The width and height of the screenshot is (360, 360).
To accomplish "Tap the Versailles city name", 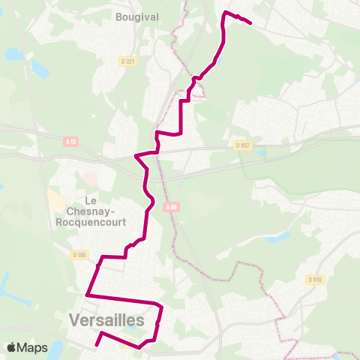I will click(106, 319).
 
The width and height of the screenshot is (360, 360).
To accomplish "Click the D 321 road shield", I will click(127, 61).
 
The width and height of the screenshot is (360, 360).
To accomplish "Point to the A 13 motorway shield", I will click(70, 140).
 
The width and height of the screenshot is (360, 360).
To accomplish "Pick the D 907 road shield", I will click(241, 145).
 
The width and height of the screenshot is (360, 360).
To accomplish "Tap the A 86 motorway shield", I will click(172, 207).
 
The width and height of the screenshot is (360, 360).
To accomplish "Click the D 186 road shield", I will click(80, 255).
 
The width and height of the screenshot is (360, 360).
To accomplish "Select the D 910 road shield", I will click(314, 279).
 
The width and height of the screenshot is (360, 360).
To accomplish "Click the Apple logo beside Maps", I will click(12, 347).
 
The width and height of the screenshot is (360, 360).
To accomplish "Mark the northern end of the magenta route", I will click(249, 24).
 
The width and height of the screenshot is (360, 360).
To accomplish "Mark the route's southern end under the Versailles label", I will click(97, 346).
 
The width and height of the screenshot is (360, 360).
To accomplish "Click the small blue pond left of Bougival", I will click(13, 54).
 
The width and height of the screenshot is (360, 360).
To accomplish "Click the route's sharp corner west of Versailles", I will click(88, 295).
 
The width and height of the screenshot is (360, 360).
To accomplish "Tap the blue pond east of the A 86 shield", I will click(278, 237).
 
